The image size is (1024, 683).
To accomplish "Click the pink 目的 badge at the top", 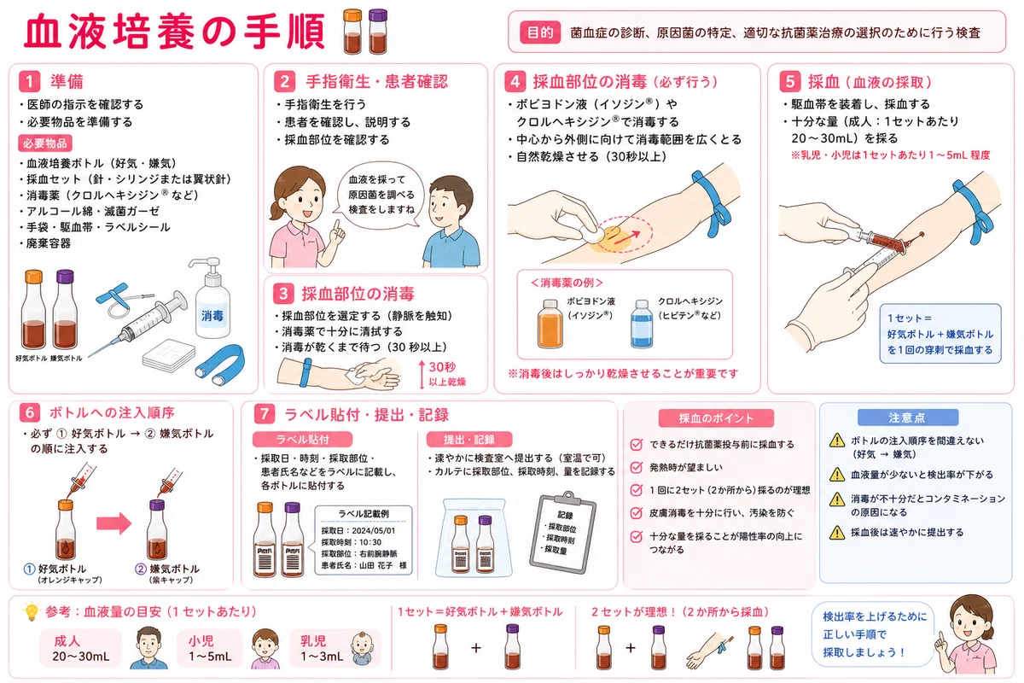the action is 540,32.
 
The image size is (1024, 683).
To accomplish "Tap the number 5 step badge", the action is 789,81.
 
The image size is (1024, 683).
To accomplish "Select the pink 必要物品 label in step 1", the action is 44,143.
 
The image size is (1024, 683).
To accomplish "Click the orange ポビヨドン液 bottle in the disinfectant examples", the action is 550,324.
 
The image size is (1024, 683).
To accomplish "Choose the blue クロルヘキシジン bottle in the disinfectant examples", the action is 642,324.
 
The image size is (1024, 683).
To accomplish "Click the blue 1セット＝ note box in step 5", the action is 940,334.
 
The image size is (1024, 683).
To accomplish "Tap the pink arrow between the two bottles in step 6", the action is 113,522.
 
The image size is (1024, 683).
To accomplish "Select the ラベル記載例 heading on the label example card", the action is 364,514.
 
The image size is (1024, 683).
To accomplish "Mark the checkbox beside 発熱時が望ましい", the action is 637,467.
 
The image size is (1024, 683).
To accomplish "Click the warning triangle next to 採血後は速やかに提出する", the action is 837,533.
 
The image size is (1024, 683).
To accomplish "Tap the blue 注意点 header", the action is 907,417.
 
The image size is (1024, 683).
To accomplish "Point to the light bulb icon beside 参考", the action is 32,611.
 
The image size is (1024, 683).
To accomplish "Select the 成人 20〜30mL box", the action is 80,648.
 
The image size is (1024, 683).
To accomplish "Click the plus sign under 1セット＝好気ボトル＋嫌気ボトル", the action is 476,647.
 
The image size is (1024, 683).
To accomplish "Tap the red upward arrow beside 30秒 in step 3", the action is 422,375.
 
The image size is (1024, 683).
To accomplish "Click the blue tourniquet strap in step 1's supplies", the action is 220,365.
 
